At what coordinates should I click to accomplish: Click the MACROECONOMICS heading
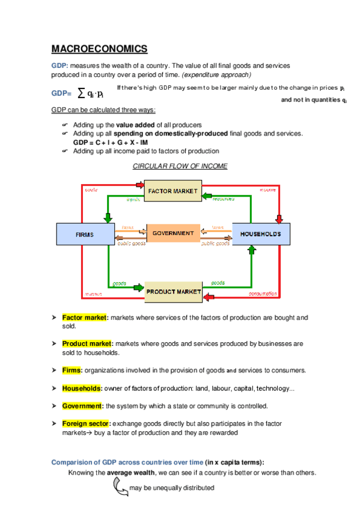pos(99,49)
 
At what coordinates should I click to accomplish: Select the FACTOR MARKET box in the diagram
pos(172,191)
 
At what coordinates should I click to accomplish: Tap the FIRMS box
pos(84,233)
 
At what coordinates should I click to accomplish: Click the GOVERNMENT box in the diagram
pos(173,233)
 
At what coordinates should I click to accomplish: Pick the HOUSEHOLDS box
pos(260,233)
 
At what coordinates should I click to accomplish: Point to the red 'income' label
pos(268,189)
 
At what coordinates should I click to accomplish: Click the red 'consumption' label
pos(263,294)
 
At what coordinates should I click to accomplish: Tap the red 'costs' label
pos(91,189)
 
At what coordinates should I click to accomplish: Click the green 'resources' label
pos(223,198)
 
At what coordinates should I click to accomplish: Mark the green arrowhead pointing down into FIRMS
pos(108,217)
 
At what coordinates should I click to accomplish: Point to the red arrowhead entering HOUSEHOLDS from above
pos(278,217)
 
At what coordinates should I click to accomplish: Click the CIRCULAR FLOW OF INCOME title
pos(180,166)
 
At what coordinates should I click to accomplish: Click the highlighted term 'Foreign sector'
pos(87,423)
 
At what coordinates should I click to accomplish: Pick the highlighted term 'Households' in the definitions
pos(82,388)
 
